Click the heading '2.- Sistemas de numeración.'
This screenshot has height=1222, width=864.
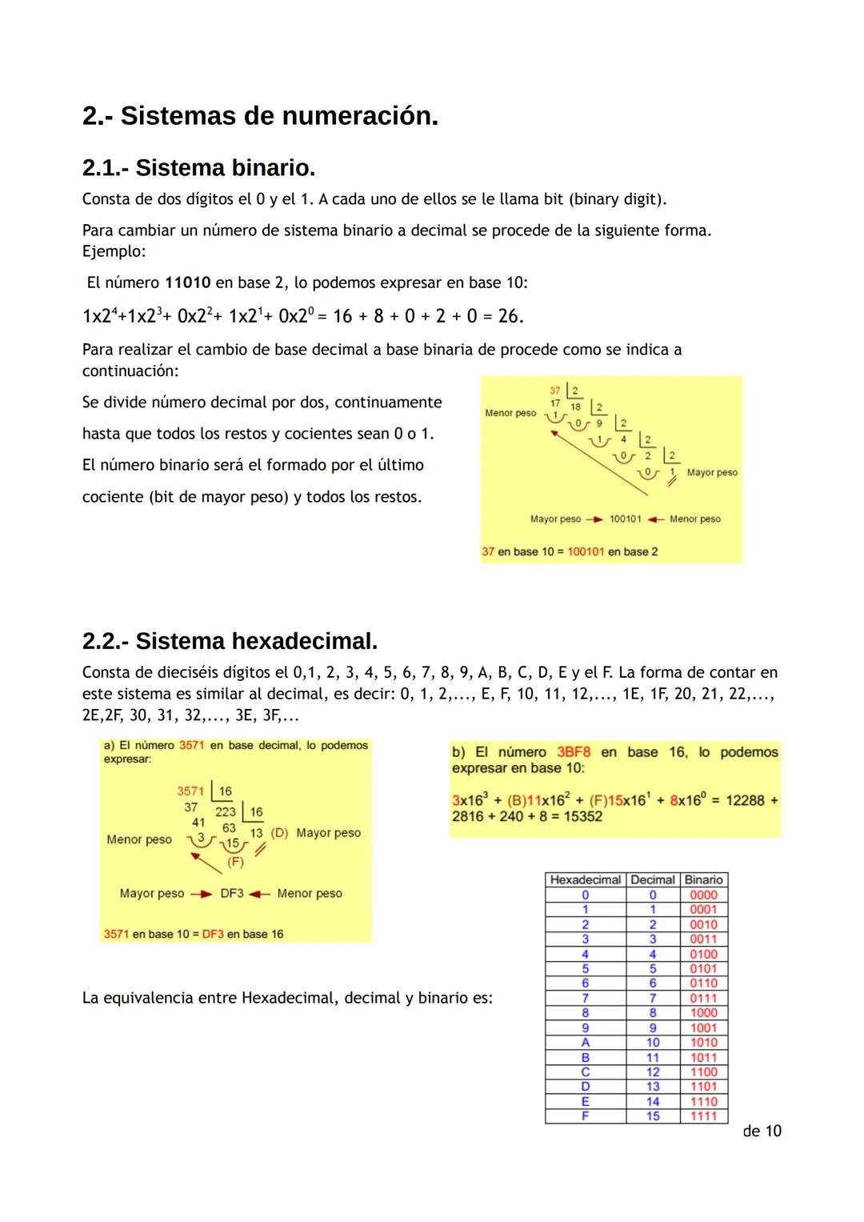point(260,116)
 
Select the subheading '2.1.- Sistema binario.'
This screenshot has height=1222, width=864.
point(198,168)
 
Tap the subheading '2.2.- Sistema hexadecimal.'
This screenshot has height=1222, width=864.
point(230,641)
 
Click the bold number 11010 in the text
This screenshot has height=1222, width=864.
point(187,283)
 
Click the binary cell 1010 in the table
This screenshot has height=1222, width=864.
point(703,1043)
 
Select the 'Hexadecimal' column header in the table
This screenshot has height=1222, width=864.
point(585,879)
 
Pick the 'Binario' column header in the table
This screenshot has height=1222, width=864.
point(703,879)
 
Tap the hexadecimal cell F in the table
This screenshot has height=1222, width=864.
point(585,1116)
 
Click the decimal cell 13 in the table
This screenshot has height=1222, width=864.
point(653,1087)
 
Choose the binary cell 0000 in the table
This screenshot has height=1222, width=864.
point(703,895)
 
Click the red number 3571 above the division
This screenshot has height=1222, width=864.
point(190,791)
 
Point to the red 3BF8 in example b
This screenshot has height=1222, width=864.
point(574,752)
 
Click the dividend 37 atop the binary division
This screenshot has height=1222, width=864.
point(555,391)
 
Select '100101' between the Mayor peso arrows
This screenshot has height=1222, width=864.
point(625,519)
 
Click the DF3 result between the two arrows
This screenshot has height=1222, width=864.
point(232,894)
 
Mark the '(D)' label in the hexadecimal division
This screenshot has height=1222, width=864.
point(279,833)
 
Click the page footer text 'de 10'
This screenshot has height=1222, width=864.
point(762,1131)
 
